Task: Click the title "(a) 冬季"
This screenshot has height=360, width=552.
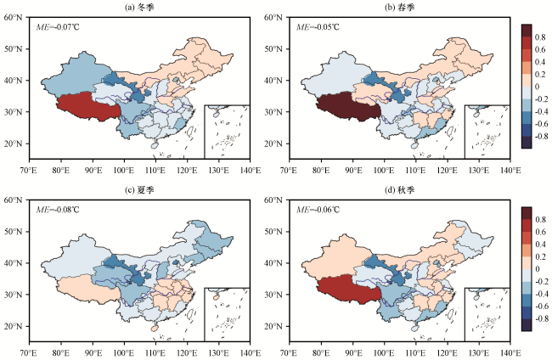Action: coord(139,7)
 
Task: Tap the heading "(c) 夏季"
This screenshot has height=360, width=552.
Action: coord(139,189)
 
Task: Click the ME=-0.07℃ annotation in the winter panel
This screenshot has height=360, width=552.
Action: coord(63,27)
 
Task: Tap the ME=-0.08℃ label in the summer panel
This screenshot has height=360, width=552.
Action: coord(63,210)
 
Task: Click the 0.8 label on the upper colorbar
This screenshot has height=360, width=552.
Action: coord(540,37)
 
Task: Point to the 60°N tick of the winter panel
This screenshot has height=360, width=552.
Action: coord(16,17)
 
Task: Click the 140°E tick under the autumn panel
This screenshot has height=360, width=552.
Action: coord(510,351)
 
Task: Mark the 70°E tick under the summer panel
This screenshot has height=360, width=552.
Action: coord(30,351)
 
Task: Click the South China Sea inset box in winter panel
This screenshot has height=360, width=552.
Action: coord(227,131)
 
